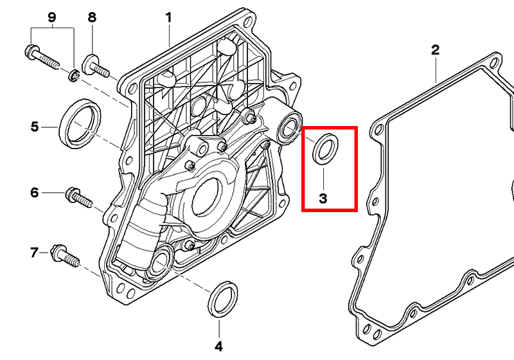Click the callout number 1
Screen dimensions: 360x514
coord(169,17)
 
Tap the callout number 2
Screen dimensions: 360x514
coord(435,50)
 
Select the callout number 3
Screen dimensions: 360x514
coord(323,199)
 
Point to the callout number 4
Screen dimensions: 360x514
coord(218,346)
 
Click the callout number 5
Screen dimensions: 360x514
coord(35,127)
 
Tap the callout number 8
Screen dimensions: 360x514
coord(92,17)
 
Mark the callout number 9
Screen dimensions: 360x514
coord(53,17)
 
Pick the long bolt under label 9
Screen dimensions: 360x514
coord(42,57)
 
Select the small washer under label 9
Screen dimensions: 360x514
coord(74,77)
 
